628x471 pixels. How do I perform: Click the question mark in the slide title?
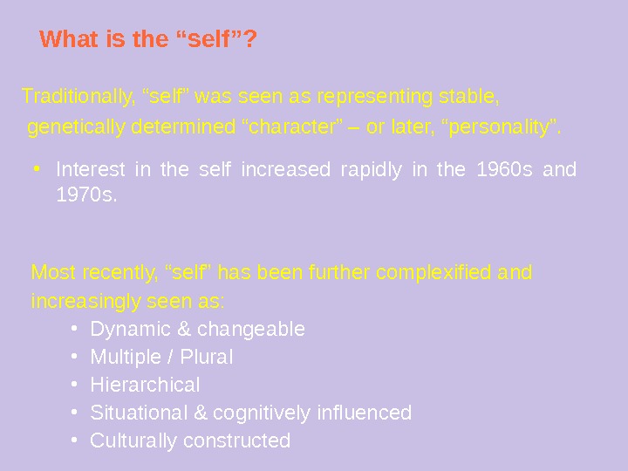coord(249,40)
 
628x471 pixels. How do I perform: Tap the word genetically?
coord(77,129)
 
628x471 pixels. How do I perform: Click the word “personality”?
coord(502,129)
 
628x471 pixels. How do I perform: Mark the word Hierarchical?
coord(145,386)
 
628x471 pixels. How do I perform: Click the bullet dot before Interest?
coord(39,166)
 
